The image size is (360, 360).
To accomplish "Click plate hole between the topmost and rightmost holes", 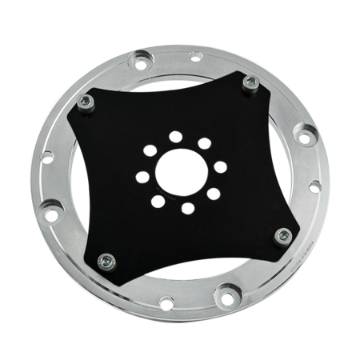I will (x=205, y=143).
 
